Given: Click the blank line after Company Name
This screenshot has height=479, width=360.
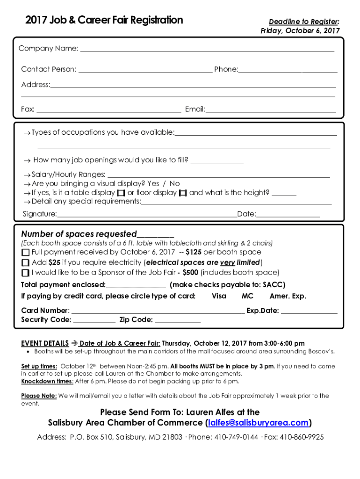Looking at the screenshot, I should [208, 49].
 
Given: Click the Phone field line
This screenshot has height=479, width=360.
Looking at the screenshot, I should [288, 70].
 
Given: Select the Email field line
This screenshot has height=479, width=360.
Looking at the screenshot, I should [271, 110].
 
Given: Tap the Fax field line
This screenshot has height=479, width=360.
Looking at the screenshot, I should [108, 110].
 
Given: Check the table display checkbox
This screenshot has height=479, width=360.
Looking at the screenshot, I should [121, 193].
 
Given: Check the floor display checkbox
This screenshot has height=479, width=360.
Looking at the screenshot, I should [183, 193].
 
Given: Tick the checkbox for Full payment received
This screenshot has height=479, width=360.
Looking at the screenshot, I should [25, 253].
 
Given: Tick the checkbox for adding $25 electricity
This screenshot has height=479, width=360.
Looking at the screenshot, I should [25, 262].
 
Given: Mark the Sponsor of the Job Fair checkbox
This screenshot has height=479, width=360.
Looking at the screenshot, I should [25, 273].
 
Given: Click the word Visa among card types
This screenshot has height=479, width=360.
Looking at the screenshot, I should [219, 296].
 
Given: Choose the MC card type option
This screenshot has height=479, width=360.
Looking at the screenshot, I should [247, 296].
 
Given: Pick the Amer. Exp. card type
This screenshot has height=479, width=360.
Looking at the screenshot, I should [288, 296].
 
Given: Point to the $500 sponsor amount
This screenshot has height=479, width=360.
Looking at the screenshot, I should [190, 272].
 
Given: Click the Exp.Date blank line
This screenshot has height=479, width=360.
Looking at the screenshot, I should [309, 312].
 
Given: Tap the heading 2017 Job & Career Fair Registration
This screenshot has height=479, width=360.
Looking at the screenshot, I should [104, 20].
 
